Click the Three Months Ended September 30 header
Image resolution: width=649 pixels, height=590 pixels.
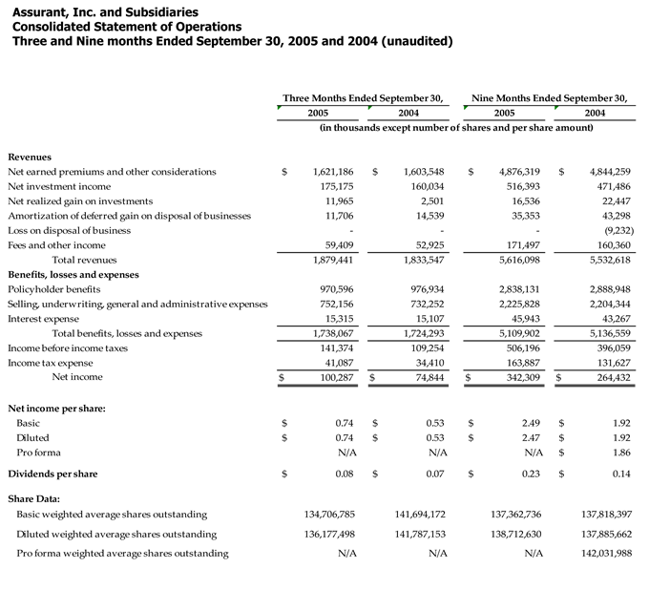click(x=363, y=97)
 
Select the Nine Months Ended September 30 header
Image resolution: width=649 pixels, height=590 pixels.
click(x=550, y=97)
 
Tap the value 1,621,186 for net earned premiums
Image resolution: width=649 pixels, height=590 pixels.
click(x=333, y=172)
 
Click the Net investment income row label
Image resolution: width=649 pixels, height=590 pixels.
click(x=59, y=186)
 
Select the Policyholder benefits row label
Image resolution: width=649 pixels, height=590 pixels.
click(x=53, y=288)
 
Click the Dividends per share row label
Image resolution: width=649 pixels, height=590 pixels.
click(x=52, y=474)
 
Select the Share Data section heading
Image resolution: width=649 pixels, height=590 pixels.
click(x=33, y=498)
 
